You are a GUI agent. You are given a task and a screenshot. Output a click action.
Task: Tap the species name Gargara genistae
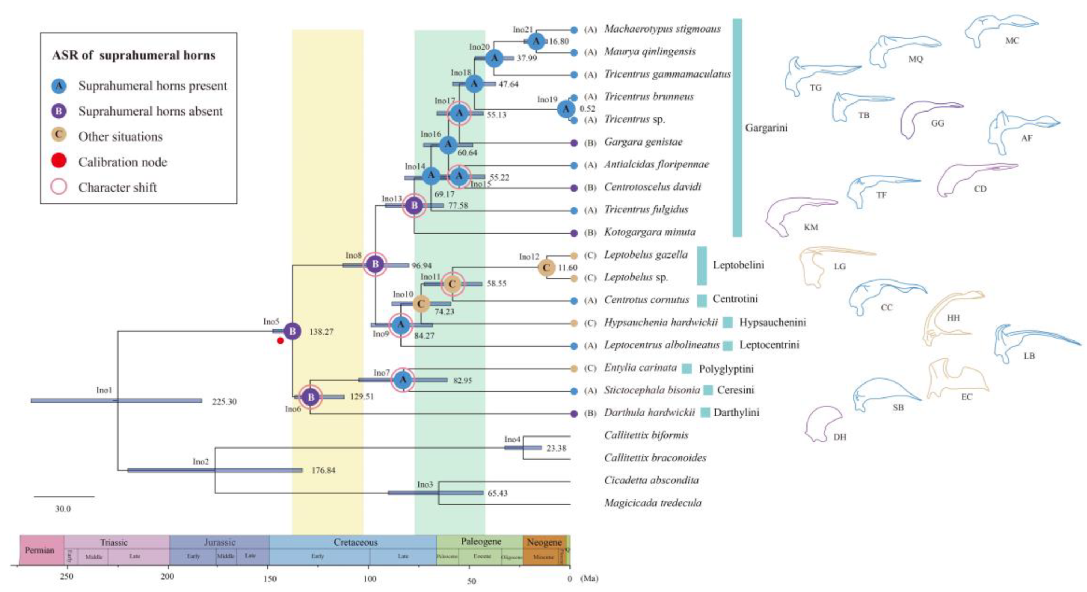643,142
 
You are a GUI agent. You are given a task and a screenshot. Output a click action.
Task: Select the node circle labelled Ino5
292,331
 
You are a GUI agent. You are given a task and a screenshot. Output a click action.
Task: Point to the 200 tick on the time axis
168,577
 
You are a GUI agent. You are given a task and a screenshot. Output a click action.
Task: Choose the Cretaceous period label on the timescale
355,542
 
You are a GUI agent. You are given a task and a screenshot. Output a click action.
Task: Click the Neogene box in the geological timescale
544,542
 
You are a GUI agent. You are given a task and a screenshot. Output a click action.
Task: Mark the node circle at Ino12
546,268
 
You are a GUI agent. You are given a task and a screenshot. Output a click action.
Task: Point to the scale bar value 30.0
63,509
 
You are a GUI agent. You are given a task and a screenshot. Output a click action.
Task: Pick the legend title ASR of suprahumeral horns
133,55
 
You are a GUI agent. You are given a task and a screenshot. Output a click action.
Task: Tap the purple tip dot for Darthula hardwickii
573,414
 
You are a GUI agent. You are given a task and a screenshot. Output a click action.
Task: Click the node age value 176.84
323,471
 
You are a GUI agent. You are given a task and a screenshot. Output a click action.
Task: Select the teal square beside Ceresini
708,390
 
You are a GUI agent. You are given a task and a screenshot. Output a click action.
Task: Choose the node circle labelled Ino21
536,41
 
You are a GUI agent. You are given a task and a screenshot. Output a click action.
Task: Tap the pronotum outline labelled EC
956,378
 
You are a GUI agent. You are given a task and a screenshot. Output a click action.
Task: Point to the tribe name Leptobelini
738,265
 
